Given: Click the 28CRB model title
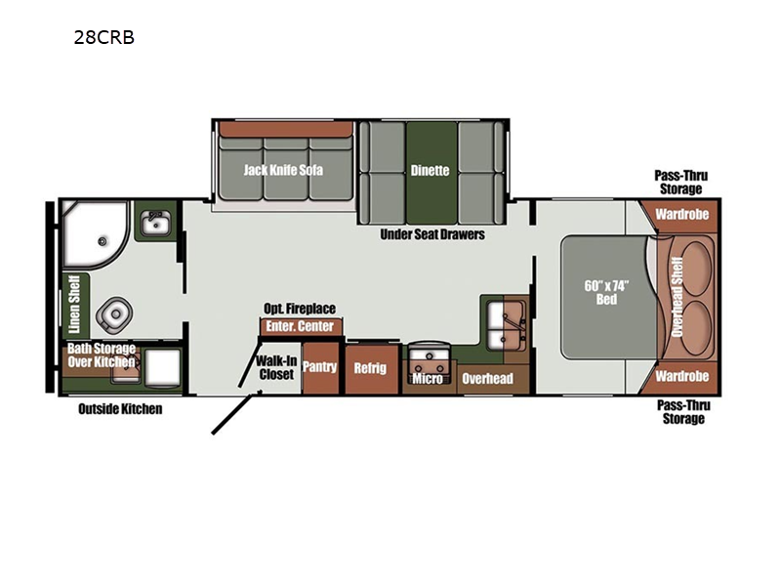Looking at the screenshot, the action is pyautogui.click(x=104, y=37).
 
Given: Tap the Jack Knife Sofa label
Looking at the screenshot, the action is pyautogui.click(x=283, y=170).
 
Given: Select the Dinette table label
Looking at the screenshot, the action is pyautogui.click(x=430, y=170).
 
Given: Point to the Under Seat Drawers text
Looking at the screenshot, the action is pyautogui.click(x=432, y=234).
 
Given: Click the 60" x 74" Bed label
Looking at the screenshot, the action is pyautogui.click(x=606, y=292).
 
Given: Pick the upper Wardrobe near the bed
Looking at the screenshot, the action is pyautogui.click(x=681, y=214).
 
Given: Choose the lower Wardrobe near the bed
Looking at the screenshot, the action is pyautogui.click(x=681, y=376).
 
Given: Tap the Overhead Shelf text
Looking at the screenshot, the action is pyautogui.click(x=677, y=297).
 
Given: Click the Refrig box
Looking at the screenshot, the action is pyautogui.click(x=370, y=369).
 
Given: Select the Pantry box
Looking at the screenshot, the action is pyautogui.click(x=320, y=368).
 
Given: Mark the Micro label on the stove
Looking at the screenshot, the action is pyautogui.click(x=428, y=379).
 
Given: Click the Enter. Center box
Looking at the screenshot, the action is pyautogui.click(x=301, y=326).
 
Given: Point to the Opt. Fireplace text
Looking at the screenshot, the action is pyautogui.click(x=300, y=309).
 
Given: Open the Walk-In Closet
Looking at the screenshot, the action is pyautogui.click(x=277, y=368).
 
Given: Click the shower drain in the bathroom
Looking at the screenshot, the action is pyautogui.click(x=103, y=241).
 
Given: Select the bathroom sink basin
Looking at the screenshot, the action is pyautogui.click(x=156, y=223).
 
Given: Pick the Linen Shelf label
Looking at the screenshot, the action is pyautogui.click(x=74, y=305).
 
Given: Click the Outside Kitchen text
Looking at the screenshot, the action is pyautogui.click(x=120, y=409).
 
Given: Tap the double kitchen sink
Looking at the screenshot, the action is pyautogui.click(x=506, y=325).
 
